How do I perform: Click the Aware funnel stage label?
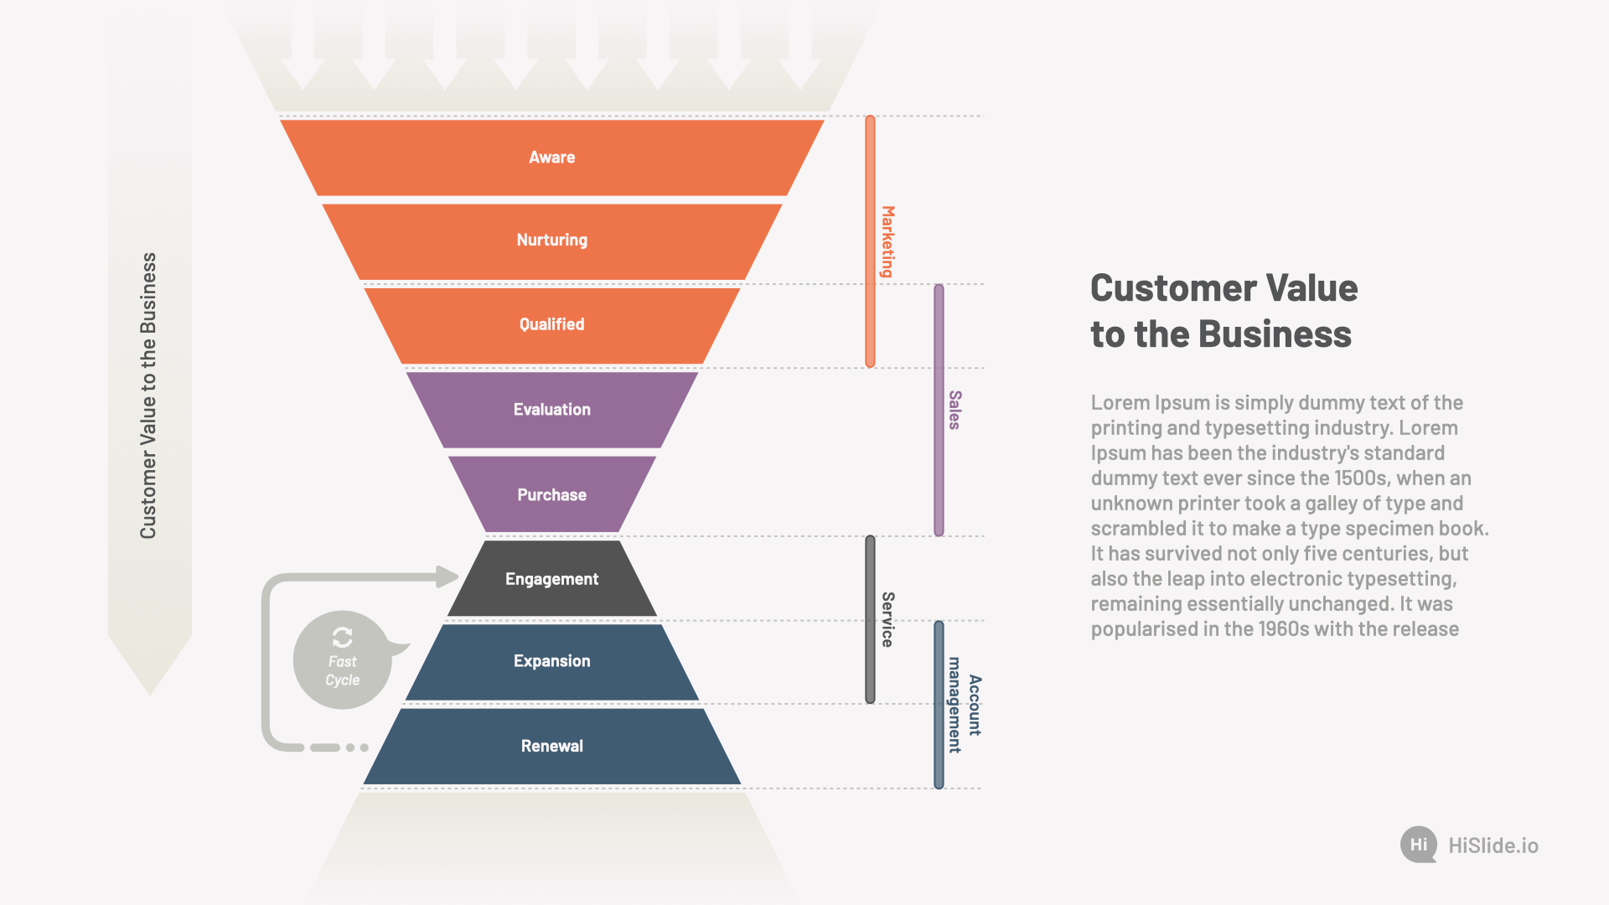coord(551,158)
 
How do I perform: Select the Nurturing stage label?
coord(551,240)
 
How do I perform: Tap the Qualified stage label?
coord(551,324)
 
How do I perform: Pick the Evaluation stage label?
coord(551,410)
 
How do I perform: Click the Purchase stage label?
coord(551,495)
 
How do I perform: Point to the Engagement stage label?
coord(551,580)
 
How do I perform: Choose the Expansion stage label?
coord(551,661)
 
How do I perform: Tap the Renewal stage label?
coord(551,746)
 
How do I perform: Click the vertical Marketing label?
coord(887,241)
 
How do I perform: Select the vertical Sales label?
coord(955,410)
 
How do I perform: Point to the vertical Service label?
coord(887,619)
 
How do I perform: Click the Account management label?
coord(965,705)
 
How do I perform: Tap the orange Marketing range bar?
coord(870,241)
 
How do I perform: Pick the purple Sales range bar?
coord(939,410)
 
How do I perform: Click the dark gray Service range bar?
coord(870,619)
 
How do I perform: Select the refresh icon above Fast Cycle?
coord(342,638)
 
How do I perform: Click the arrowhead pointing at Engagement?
coord(448,577)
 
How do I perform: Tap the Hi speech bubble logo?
coord(1419,845)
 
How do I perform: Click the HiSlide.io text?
coord(1493,846)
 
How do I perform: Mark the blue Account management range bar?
coord(939,705)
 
